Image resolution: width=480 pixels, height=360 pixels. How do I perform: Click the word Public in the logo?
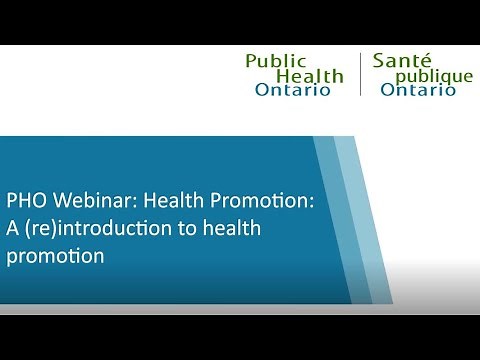pyautogui.click(x=276, y=61)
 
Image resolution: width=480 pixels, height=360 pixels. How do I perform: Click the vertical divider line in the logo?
pyautogui.click(x=360, y=75)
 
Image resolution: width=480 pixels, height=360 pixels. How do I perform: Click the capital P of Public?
pyautogui.click(x=252, y=61)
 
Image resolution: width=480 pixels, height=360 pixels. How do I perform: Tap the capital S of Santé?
pyautogui.click(x=379, y=61)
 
